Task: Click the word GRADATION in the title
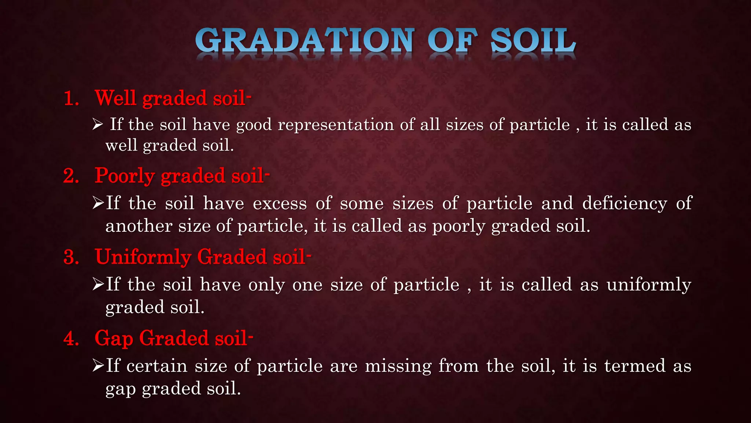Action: tap(305, 41)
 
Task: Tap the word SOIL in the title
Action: tap(533, 41)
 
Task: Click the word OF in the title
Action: tap(453, 41)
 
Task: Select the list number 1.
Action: tap(71, 99)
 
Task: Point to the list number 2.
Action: tap(71, 176)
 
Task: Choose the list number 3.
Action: tap(71, 257)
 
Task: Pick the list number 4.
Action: tap(71, 338)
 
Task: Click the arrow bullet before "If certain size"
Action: tap(98, 366)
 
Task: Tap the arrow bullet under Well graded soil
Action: tap(98, 124)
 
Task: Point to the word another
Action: tap(139, 226)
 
